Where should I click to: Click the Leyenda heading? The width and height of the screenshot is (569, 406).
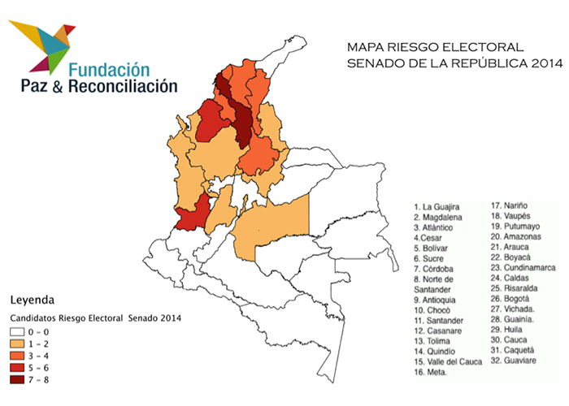[29, 298]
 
